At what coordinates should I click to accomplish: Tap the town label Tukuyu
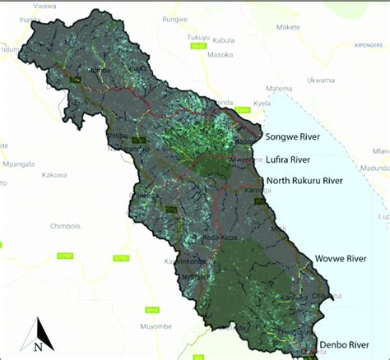(199, 37)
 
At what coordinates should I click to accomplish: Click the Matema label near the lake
(280, 88)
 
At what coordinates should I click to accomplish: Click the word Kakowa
(54, 174)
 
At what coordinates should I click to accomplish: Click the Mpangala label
(19, 164)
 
